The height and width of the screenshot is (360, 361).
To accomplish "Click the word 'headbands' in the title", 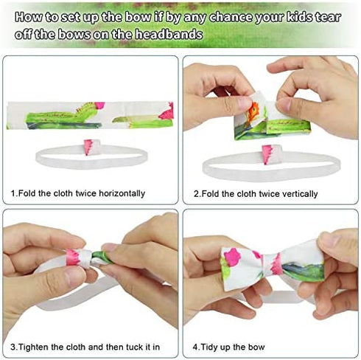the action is point(169,34).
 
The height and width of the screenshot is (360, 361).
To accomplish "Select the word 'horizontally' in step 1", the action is point(122,193).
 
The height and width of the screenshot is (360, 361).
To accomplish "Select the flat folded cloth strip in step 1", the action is point(90,115).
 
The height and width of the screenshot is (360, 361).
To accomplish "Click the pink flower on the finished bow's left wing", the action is point(232,257).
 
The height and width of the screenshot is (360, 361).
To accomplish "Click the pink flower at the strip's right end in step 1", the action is point(167,112).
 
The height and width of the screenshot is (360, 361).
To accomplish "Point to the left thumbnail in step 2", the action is point(240,103).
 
